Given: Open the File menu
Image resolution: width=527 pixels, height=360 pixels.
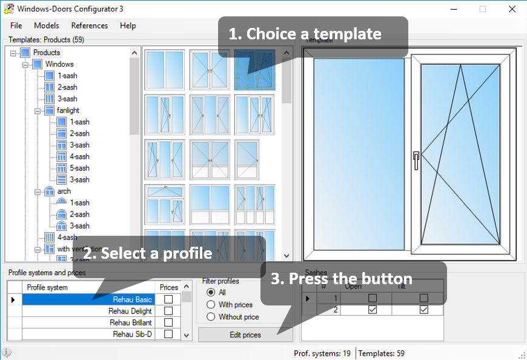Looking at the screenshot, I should (16, 25).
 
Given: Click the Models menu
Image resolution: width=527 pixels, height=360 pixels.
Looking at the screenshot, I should (47, 25).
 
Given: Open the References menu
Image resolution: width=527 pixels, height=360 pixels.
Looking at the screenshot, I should (90, 25).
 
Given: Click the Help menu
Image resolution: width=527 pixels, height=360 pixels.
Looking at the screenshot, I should (128, 25).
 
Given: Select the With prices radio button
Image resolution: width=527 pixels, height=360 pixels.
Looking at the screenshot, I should (211, 304).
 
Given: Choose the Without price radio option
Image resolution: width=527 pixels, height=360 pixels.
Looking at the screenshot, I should (211, 316).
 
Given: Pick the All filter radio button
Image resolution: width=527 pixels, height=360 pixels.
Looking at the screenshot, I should (211, 292).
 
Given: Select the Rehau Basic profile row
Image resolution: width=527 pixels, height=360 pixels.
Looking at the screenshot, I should (88, 299).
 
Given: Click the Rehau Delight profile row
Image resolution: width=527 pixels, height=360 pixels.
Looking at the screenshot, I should (88, 311).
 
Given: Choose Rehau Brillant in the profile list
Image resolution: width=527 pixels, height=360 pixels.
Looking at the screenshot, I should (88, 322).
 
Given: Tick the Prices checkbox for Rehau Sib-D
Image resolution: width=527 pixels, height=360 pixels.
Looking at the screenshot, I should (168, 334).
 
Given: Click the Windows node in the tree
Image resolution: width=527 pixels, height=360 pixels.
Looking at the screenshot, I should (59, 64).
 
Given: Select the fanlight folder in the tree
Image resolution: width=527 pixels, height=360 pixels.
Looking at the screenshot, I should (68, 110).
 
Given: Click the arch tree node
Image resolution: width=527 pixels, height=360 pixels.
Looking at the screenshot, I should (64, 192).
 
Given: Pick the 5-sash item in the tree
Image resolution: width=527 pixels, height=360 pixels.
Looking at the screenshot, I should (79, 168).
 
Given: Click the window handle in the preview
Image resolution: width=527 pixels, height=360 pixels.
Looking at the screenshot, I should (416, 160).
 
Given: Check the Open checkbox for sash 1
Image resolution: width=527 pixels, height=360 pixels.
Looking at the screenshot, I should (373, 298).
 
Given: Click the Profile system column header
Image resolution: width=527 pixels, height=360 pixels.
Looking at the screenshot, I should (48, 287).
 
